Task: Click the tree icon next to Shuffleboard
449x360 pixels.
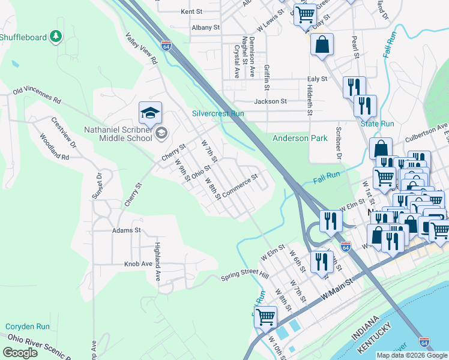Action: tap(56, 37)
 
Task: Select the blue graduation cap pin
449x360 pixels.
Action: tap(150, 112)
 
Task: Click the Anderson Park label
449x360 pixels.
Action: tap(300, 138)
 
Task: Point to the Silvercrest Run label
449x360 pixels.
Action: tap(218, 113)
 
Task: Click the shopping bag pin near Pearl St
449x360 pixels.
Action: tap(322, 45)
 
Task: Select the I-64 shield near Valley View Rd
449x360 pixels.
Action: tap(166, 45)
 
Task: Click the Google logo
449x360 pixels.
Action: tap(20, 352)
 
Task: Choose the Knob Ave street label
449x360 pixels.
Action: tap(138, 264)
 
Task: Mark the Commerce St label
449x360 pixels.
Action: tap(240, 186)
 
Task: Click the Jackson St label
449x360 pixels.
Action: tap(270, 101)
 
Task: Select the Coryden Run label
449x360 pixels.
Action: tap(28, 327)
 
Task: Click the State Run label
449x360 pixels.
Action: tap(377, 124)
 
